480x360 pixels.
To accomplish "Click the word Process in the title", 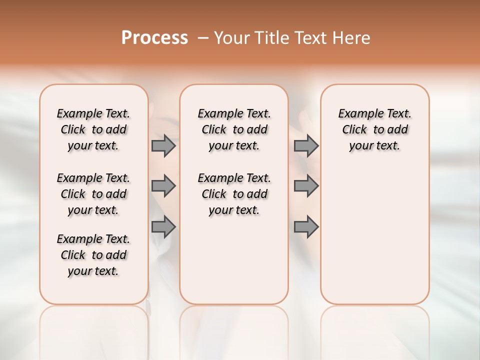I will tap(154, 37).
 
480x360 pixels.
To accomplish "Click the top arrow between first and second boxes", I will tap(163, 146).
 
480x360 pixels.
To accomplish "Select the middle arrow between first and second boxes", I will tap(163, 186).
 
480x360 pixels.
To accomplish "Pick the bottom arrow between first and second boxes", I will tap(163, 227).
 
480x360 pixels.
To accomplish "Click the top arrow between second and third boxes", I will tap(306, 146).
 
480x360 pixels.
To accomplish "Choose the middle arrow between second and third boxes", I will tap(306, 186).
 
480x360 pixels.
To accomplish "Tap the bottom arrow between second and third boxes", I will tap(306, 227).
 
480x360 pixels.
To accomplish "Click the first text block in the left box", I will tap(93, 129).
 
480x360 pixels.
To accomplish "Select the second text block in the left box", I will tap(93, 194).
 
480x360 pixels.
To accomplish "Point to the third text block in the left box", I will tap(93, 255).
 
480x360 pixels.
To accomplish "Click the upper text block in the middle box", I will tap(234, 129).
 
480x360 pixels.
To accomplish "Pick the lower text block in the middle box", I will tap(234, 194).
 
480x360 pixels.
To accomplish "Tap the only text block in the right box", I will tap(375, 129).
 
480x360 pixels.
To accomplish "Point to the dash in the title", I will tap(203, 37).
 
